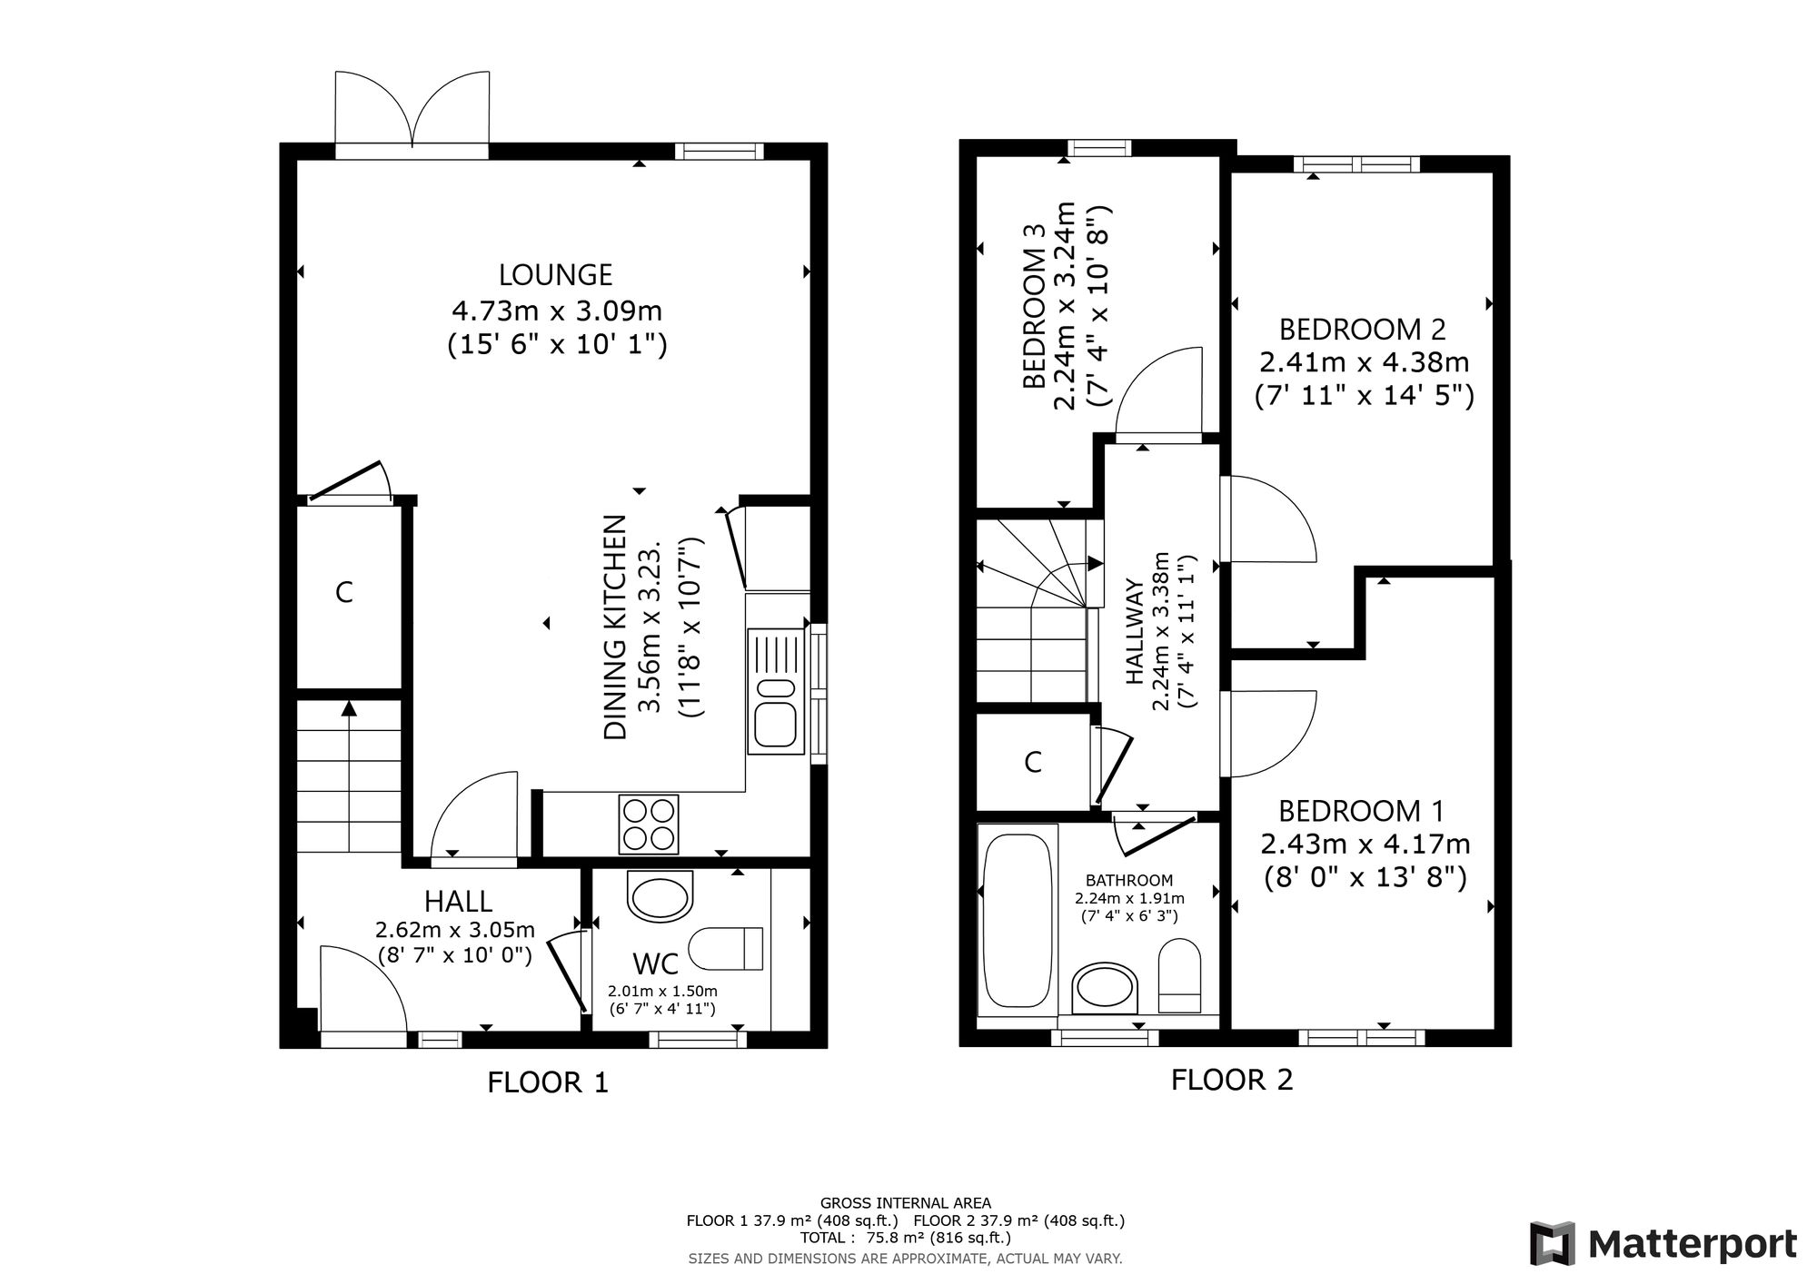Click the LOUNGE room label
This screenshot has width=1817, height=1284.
click(x=556, y=274)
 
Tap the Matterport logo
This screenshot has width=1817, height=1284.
click(x=1663, y=1243)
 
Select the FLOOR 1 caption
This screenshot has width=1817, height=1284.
click(x=548, y=1082)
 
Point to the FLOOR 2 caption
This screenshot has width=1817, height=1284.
click(x=1232, y=1080)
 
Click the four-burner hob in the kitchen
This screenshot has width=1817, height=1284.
click(x=649, y=824)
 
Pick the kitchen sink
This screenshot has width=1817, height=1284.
click(x=775, y=691)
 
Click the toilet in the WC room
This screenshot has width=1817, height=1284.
click(x=726, y=949)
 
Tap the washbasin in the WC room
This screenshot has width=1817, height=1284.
click(x=660, y=896)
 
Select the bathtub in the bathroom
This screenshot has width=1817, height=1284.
click(x=1018, y=920)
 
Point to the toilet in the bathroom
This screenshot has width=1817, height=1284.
click(x=1180, y=976)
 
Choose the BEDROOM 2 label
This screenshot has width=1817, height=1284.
click(x=1363, y=329)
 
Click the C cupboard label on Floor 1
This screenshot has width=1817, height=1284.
click(x=343, y=592)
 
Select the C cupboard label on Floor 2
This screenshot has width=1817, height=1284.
click(x=1033, y=762)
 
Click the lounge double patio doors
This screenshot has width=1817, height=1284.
click(x=412, y=110)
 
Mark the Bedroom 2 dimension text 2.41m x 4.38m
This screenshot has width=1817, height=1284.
click(x=1364, y=362)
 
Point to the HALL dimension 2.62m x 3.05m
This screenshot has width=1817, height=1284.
click(x=455, y=930)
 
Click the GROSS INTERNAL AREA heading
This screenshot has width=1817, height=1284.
click(x=906, y=1203)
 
